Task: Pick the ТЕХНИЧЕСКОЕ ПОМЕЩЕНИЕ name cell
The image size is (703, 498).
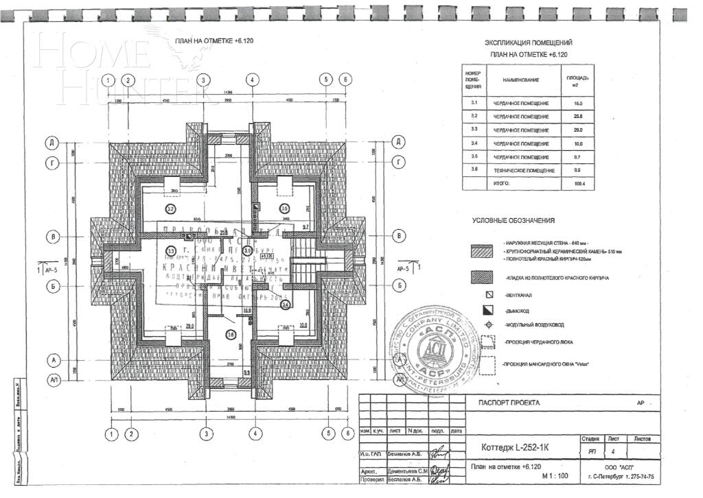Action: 525,169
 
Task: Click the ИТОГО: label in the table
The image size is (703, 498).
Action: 502,184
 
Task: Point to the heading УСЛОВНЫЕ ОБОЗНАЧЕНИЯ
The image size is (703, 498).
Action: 513,221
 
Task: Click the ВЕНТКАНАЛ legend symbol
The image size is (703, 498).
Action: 489,294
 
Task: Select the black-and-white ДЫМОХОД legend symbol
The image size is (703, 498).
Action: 489,311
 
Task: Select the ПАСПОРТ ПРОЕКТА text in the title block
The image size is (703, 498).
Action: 509,403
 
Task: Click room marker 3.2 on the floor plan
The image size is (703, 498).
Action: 170,208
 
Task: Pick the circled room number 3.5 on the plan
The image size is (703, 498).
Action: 284,208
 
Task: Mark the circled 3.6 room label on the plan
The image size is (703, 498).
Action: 231,335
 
